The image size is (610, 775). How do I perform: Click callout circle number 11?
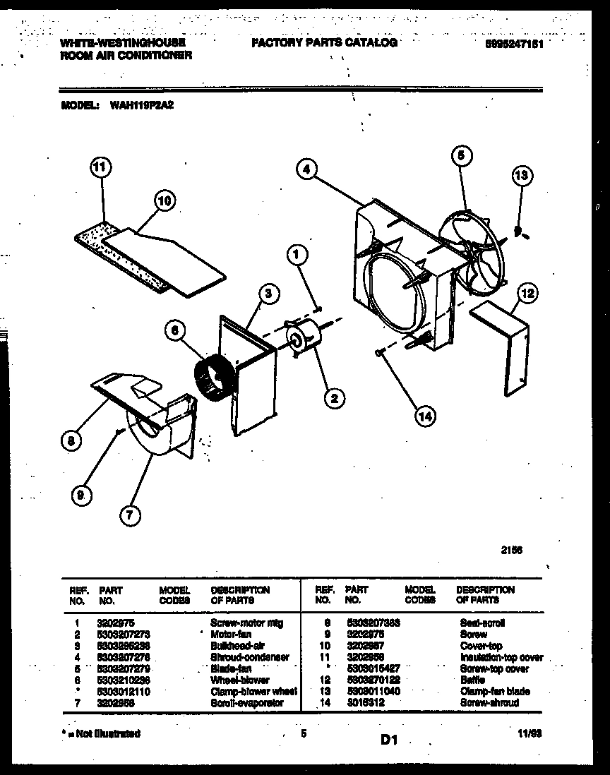click(x=101, y=168)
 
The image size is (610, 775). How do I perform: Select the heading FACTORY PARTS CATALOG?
click(x=324, y=43)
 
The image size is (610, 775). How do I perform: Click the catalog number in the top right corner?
click(x=515, y=44)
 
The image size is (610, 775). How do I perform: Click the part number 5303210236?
click(x=125, y=680)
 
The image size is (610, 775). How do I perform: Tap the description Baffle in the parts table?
click(x=472, y=680)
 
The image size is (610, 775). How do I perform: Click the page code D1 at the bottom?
click(x=390, y=740)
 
